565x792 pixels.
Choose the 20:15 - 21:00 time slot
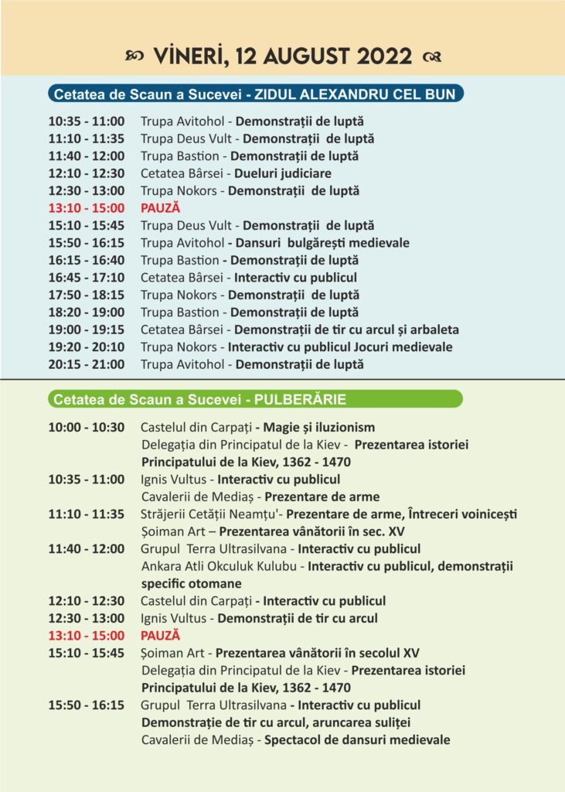[x=86, y=364]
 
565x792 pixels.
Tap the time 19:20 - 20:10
[x=86, y=347]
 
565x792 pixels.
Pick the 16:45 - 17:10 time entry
[x=86, y=278]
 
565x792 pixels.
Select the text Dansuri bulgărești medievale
[x=323, y=243]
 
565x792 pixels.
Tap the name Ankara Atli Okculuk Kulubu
[x=221, y=566]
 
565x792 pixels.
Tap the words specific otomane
[x=192, y=583]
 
